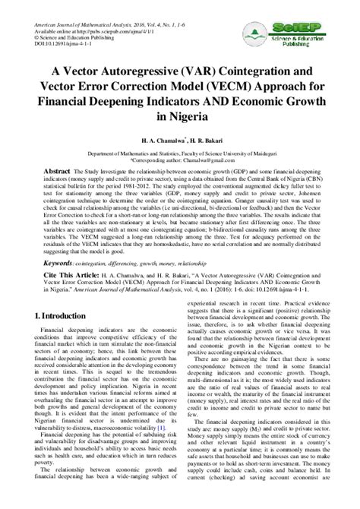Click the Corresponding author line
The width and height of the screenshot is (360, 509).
click(x=179, y=161)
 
